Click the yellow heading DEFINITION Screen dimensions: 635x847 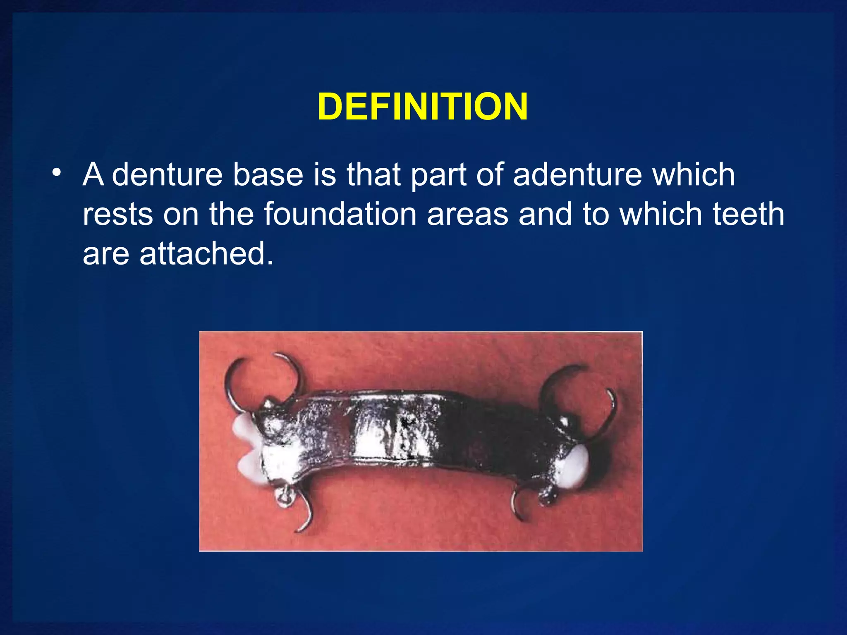423,107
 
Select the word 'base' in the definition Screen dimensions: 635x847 268,174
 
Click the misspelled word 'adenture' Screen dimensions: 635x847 577,174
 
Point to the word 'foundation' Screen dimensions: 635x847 340,214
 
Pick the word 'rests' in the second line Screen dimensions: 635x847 117,214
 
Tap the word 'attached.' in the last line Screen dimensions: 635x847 206,253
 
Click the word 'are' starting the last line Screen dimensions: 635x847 106,254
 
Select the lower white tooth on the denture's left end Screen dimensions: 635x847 250,467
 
